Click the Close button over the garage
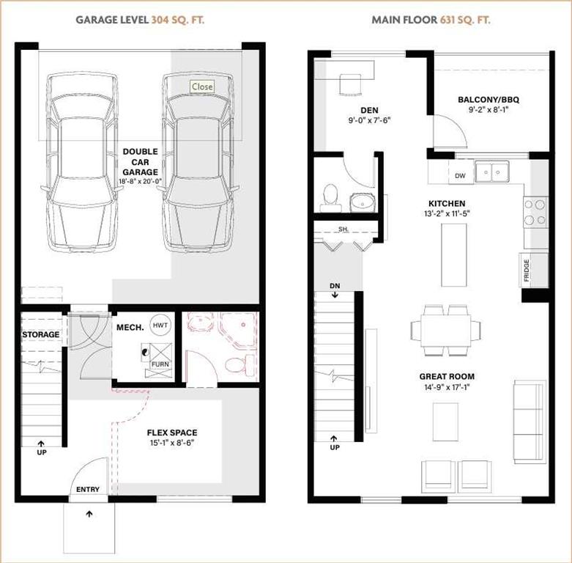[202, 87]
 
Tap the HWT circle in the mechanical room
[160, 325]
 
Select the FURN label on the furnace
[160, 364]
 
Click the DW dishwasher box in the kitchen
[461, 175]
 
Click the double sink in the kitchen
[492, 172]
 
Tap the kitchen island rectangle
[454, 255]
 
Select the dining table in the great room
[446, 331]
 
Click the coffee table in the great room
[446, 422]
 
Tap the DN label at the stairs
[335, 286]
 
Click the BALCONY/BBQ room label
[489, 99]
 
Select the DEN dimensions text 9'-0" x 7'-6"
[369, 120]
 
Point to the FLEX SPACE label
[172, 433]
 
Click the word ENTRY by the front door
[88, 489]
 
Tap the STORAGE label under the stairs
[41, 334]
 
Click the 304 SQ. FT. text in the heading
[178, 20]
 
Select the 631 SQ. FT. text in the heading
[465, 20]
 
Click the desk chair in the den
[350, 85]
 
